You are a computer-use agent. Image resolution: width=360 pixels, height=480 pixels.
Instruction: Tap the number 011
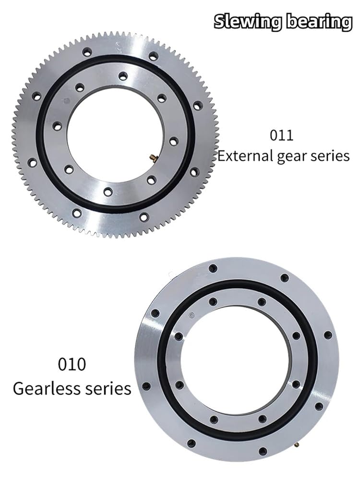pos(281,135)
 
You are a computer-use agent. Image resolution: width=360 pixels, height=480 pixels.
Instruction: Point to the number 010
pos(72,364)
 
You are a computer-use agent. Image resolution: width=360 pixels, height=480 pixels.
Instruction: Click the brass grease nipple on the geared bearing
pos(152,158)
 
